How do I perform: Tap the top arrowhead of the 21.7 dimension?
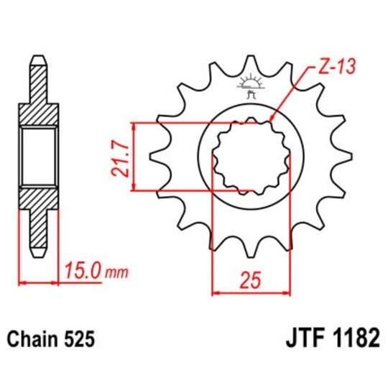(134, 126)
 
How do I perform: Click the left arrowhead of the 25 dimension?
(215, 292)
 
